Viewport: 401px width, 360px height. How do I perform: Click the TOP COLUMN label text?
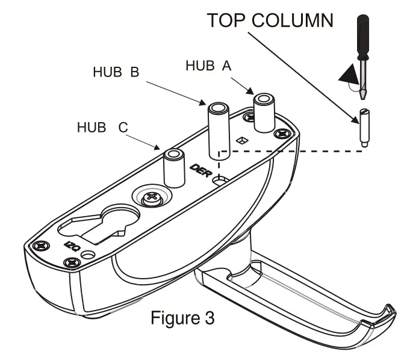(270, 21)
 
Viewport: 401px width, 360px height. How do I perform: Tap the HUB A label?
(209, 66)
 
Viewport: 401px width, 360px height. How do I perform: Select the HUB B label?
(116, 72)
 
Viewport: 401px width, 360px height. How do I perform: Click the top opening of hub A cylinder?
(263, 98)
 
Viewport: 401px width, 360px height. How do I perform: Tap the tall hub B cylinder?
(218, 129)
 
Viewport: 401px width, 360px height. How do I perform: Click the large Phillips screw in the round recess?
(152, 197)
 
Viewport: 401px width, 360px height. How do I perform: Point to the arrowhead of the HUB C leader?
(160, 148)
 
